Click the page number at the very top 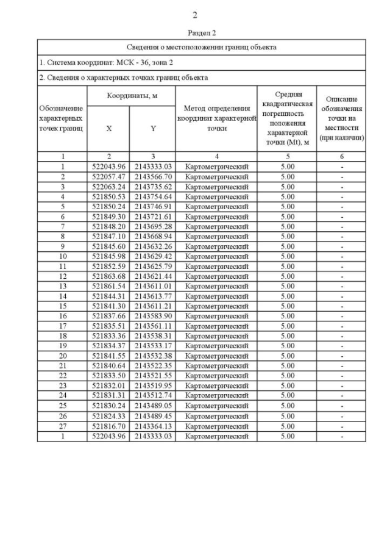[x=194, y=15]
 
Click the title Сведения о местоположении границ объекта [x=201, y=47]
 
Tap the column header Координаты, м [x=132, y=96]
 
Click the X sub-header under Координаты [x=108, y=129]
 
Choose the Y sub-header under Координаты [x=153, y=129]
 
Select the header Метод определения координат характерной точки [x=217, y=118]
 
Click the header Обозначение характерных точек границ [x=62, y=118]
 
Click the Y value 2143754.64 [x=153, y=196]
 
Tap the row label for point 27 [x=62, y=426]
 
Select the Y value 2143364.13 [x=153, y=426]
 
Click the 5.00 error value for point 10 [x=287, y=256]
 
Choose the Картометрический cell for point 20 [x=217, y=356]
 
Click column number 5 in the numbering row [x=287, y=157]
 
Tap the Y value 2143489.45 [x=153, y=416]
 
